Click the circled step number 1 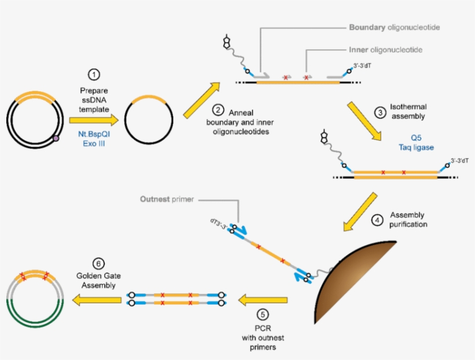(x=93, y=74)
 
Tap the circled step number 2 (x=218, y=109)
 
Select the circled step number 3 (x=380, y=113)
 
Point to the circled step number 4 (x=377, y=219)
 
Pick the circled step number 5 (x=264, y=315)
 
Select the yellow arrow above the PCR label (x=264, y=300)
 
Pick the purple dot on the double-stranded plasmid (x=56, y=138)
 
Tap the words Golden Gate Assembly (x=93, y=281)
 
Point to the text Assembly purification (x=409, y=219)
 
